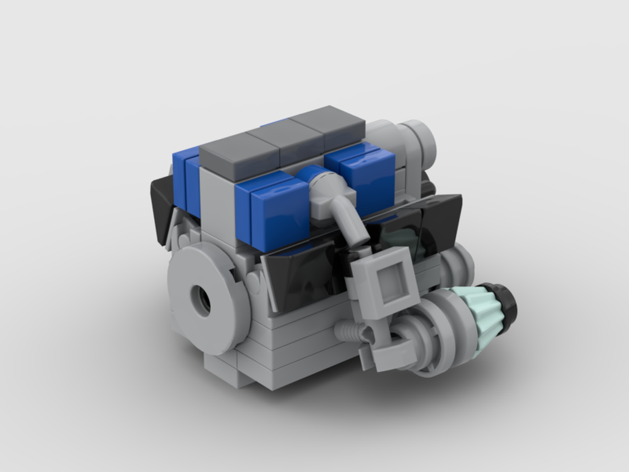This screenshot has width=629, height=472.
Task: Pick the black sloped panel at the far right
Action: (x=440, y=220)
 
